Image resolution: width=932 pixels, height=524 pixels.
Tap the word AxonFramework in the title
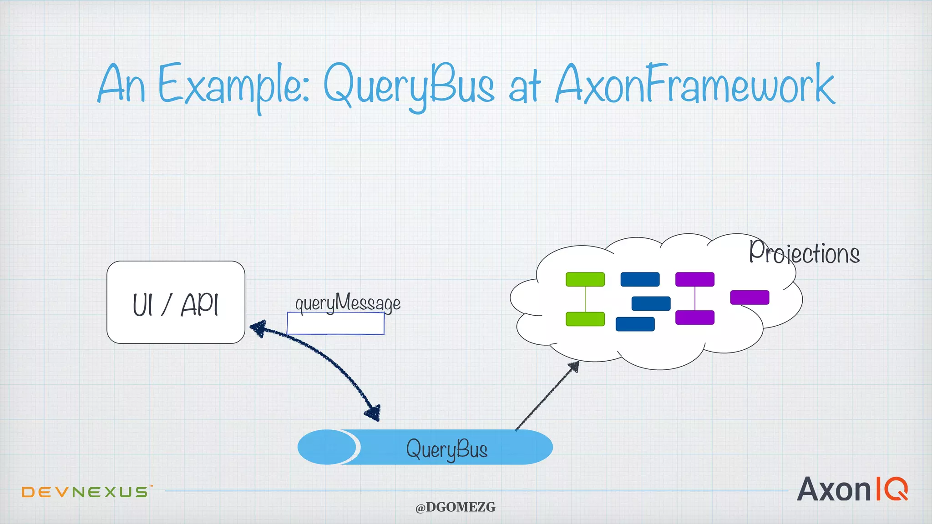coord(694,85)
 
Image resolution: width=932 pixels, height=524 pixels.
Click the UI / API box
coord(176,302)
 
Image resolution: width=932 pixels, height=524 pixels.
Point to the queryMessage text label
coord(348,303)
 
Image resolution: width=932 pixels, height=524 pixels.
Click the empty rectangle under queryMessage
coord(335,323)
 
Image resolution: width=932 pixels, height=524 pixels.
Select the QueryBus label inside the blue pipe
coord(446,449)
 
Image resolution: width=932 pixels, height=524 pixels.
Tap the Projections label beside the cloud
coord(804,253)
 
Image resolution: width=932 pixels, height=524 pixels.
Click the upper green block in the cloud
coord(585,279)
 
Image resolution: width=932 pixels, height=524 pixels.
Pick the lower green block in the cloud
coord(585,319)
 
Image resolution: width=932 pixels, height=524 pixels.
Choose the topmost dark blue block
coord(640,279)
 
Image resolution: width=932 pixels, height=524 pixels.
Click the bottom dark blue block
coord(635,324)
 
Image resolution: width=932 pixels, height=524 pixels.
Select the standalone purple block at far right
coord(750,297)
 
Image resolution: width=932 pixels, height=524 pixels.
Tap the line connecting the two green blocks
coord(585,299)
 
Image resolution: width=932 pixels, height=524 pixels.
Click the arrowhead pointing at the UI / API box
coord(258,327)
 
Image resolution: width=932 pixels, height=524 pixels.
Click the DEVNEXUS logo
coord(85,492)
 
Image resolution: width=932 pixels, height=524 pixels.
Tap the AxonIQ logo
coord(852,489)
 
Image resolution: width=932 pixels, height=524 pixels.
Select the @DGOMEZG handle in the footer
coord(455,507)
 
